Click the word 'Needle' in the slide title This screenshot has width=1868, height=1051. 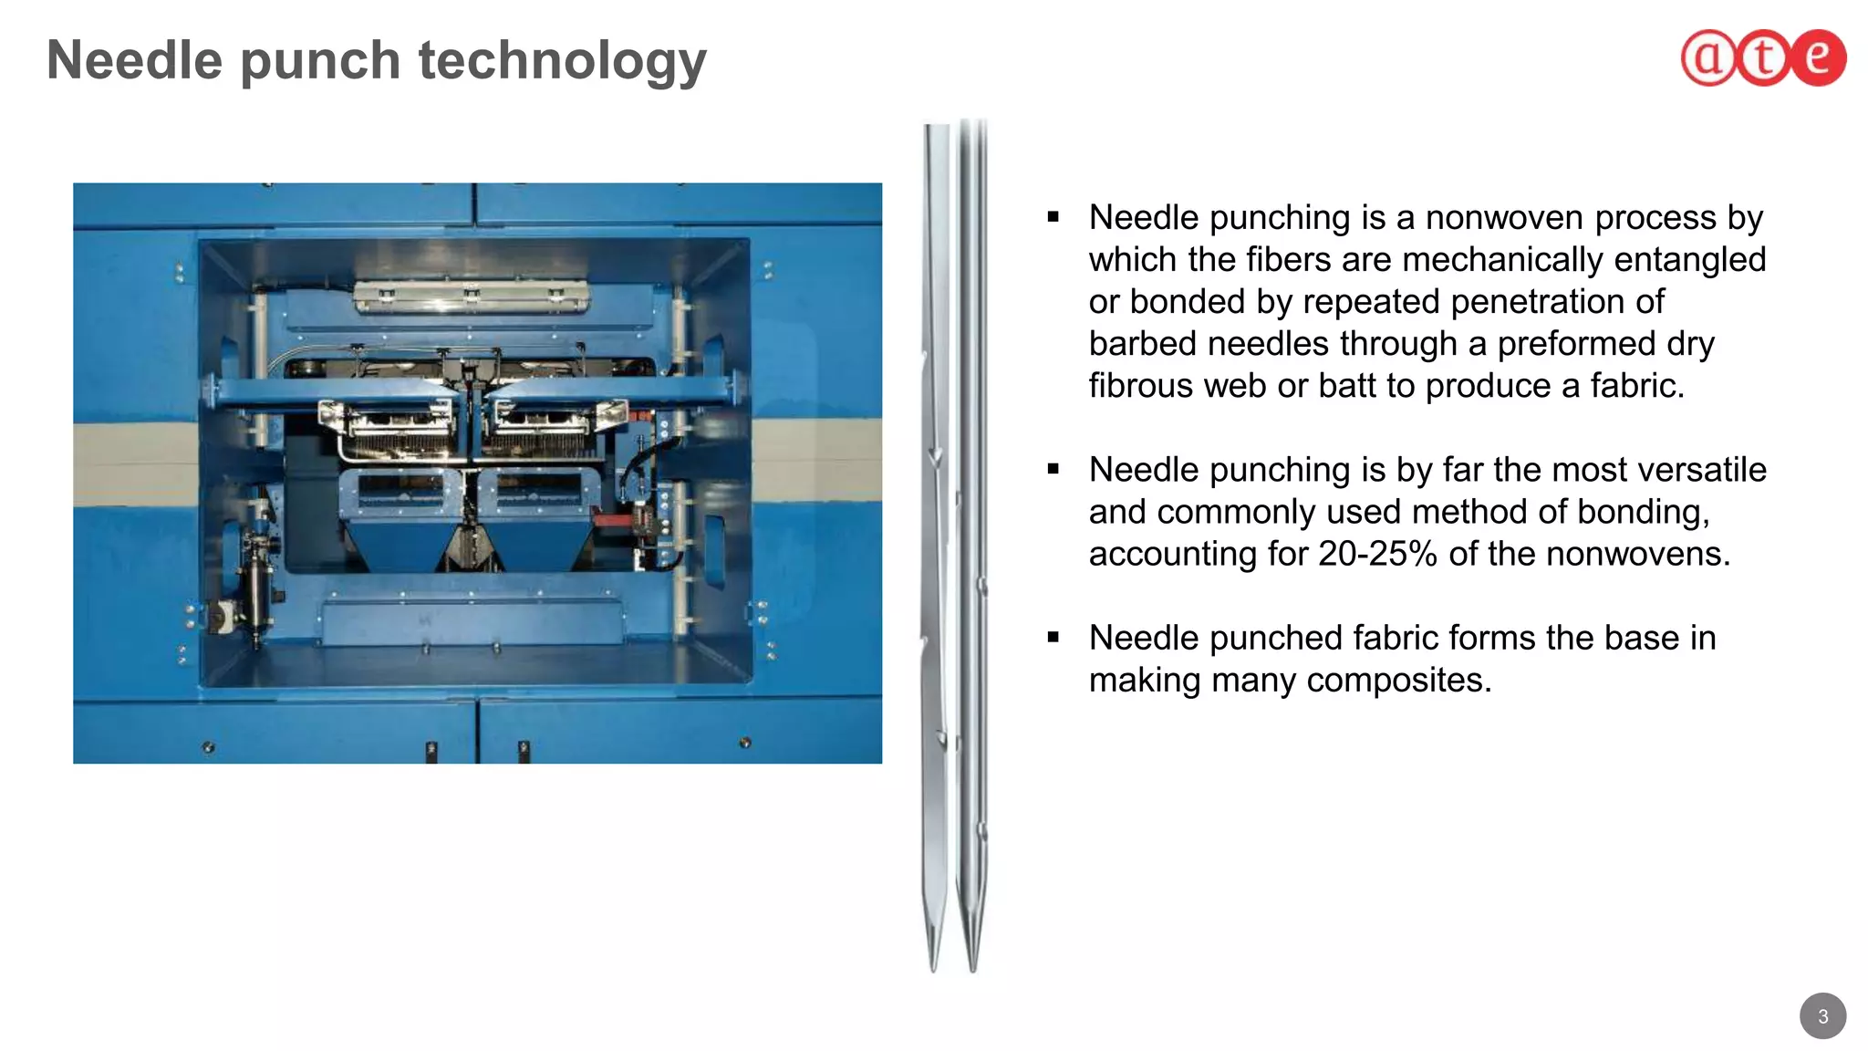click(x=134, y=60)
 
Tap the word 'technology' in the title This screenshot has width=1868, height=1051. click(x=562, y=62)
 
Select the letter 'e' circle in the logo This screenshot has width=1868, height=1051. click(x=1818, y=57)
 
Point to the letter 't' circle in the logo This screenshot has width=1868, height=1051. click(x=1763, y=58)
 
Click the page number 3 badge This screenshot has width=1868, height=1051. click(x=1822, y=1015)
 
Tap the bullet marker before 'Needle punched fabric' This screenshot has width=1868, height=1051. click(x=1053, y=638)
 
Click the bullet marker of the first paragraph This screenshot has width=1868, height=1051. click(x=1053, y=218)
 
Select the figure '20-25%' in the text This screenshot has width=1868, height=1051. click(x=1377, y=554)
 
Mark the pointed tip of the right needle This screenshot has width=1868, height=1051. click(x=972, y=969)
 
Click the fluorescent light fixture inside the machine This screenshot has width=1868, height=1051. click(x=471, y=296)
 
